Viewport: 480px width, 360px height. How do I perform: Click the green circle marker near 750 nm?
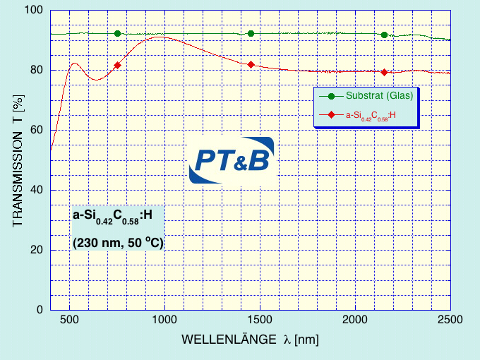[x=117, y=34]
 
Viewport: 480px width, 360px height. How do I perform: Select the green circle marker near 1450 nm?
[x=251, y=34]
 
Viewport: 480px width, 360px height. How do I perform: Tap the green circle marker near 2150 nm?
[x=384, y=35]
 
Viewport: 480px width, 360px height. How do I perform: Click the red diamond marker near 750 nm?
[x=117, y=66]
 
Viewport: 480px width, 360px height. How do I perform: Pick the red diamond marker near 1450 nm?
[x=251, y=65]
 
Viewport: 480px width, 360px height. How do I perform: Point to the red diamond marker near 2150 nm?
[x=384, y=73]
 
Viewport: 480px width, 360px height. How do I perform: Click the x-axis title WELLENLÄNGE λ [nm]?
[x=250, y=340]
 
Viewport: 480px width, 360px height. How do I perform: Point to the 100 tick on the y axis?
[x=35, y=11]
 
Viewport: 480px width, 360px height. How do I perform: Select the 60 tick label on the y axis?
[x=37, y=130]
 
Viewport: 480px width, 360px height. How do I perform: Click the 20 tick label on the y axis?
[x=37, y=250]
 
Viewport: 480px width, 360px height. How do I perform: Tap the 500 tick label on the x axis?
[x=69, y=320]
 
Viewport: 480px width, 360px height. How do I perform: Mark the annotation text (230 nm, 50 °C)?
[x=118, y=243]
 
